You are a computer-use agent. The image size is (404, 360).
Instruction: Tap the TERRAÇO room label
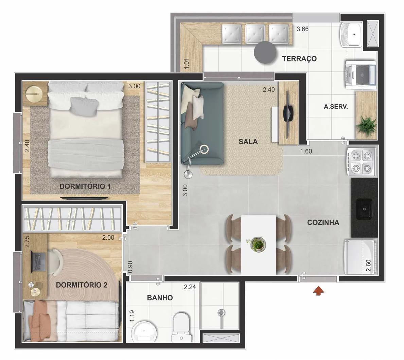(299, 59)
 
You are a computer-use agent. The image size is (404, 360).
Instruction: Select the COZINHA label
(323, 222)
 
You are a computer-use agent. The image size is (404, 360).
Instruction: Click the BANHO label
(160, 298)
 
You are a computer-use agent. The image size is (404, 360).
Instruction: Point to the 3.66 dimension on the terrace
(302, 29)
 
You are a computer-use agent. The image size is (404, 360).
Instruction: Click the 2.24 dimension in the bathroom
(190, 287)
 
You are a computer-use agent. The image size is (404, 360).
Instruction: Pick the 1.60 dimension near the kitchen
(306, 151)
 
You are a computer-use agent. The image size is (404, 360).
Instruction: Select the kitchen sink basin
(364, 209)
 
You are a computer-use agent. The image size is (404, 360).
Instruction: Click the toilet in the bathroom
(181, 327)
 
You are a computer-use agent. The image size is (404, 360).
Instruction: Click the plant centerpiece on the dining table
(258, 244)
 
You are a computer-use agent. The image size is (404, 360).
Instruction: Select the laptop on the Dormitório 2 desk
(38, 261)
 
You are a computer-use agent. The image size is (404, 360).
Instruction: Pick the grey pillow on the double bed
(85, 106)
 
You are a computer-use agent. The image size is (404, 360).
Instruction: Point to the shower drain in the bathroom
(221, 313)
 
